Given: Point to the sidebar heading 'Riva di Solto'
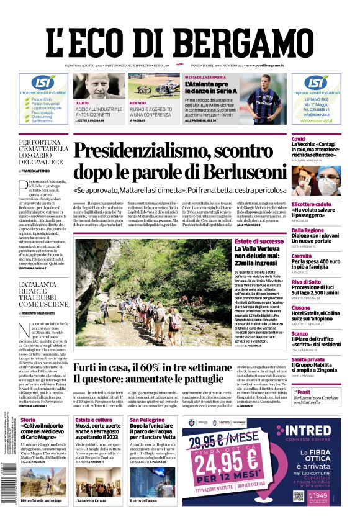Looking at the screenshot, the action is point(306,282).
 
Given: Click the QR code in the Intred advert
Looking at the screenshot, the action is point(298,496).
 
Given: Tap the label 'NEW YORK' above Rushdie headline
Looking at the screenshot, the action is point(137,103).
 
